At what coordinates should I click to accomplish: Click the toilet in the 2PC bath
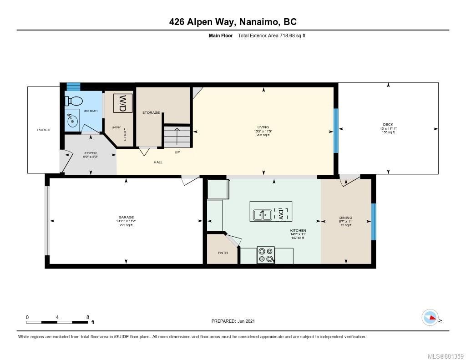[x=73, y=101]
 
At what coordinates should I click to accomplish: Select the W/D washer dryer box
[x=123, y=103]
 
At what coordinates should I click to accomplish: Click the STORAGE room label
[x=151, y=112]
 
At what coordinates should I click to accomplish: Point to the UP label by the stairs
[x=177, y=152]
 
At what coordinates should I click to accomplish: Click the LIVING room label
[x=263, y=127]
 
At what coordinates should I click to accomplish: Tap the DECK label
[x=388, y=124]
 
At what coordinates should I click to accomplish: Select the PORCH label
[x=44, y=130]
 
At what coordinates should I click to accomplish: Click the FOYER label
[x=91, y=153]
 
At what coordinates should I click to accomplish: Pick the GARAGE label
[x=126, y=217]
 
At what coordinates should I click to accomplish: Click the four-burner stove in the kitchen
[x=266, y=255]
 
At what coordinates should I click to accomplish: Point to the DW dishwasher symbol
[x=281, y=213]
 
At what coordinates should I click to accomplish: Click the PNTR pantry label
[x=222, y=253]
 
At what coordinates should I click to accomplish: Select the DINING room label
[x=346, y=218]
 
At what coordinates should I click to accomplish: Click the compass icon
[x=430, y=317]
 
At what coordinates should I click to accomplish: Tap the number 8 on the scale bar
[x=87, y=317]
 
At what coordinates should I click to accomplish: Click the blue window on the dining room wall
[x=374, y=222]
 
